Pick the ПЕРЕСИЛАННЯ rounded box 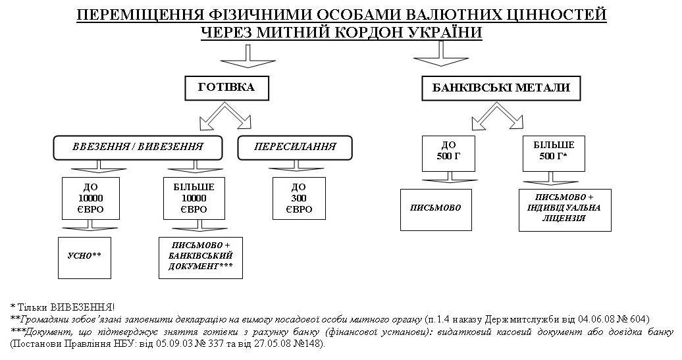coord(295,147)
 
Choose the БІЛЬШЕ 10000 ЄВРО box coord(194,198)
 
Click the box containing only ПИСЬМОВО coord(436,209)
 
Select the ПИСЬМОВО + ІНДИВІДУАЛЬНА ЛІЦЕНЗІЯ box coord(565,209)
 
